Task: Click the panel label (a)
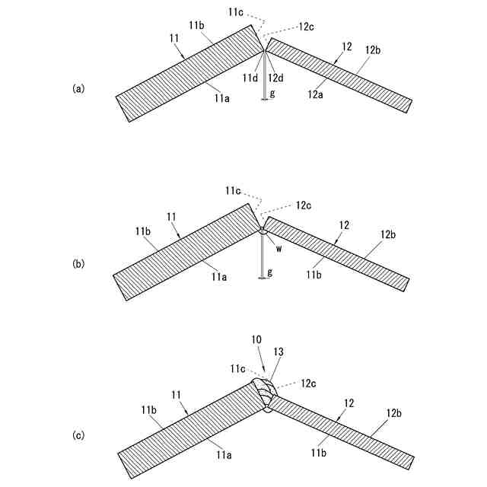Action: tap(78, 89)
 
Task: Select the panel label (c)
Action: tap(78, 436)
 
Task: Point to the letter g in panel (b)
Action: tap(271, 272)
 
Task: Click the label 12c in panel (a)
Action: tap(306, 26)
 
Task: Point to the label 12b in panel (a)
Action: tap(373, 50)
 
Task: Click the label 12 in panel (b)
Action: tap(343, 225)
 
